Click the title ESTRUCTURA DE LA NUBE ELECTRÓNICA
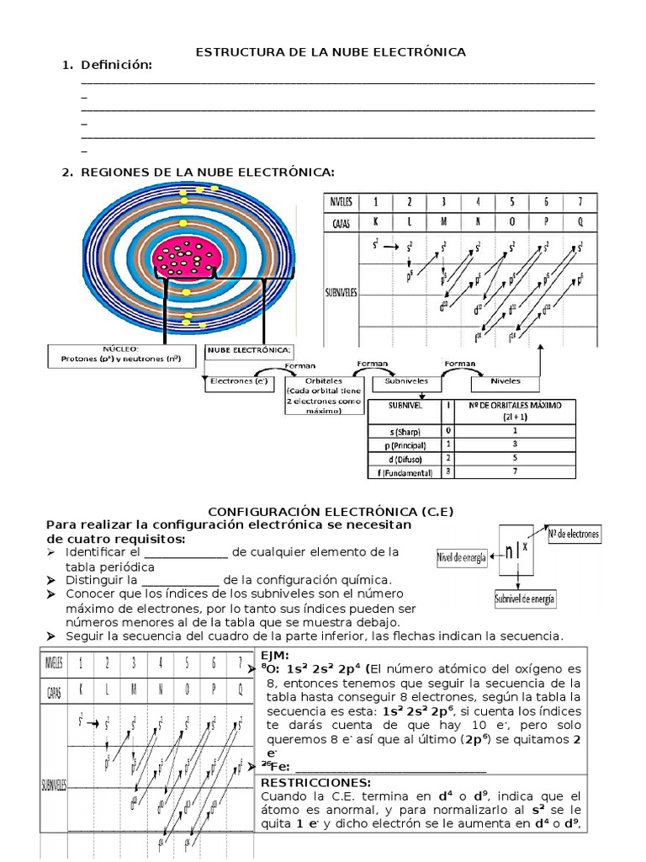331,52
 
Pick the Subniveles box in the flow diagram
406,380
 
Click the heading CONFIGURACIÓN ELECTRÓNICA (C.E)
335,511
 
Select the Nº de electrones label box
574,534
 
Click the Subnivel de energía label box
525,599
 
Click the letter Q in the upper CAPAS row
578,222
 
